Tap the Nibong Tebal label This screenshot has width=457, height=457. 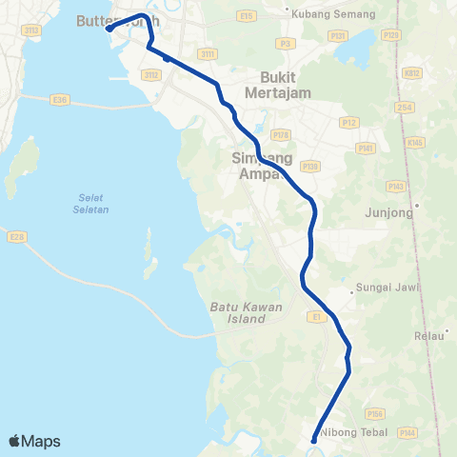351,432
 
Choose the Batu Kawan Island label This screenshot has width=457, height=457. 240,314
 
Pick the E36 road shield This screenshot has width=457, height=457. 61,98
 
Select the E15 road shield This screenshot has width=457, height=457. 248,16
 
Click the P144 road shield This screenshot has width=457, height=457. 407,432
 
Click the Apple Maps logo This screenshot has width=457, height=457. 35,441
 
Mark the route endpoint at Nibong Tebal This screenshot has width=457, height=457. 314,439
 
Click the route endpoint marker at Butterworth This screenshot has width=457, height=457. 109,29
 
